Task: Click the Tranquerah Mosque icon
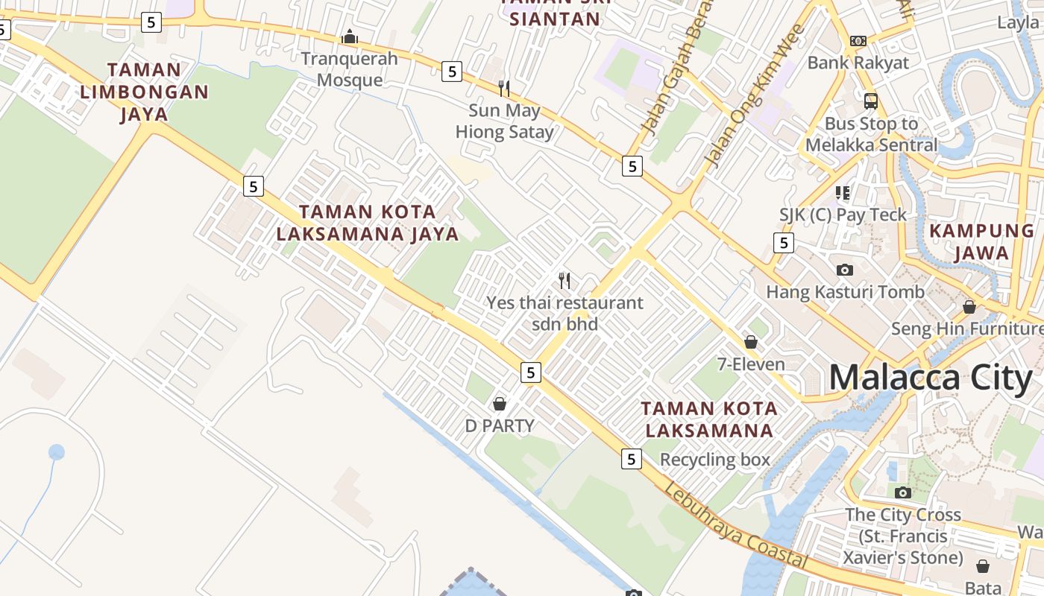point(350,37)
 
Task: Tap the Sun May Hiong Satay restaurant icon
point(504,89)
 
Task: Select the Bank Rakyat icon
point(858,41)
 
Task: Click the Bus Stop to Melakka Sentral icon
point(870,101)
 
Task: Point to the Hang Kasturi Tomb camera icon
point(845,270)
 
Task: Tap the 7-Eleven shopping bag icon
point(751,342)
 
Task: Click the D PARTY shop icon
point(500,404)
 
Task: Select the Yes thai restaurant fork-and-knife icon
point(565,281)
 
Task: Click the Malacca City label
point(931,378)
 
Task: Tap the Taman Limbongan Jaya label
point(144,92)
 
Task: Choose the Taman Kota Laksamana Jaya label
point(368,223)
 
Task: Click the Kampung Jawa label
point(981,241)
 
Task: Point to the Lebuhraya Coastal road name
point(735,525)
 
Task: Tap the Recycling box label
point(714,460)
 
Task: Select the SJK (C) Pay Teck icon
point(843,193)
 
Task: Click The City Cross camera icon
point(903,492)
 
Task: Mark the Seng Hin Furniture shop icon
point(969,307)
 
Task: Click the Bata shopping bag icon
point(983,566)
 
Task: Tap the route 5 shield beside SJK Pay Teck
point(783,242)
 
